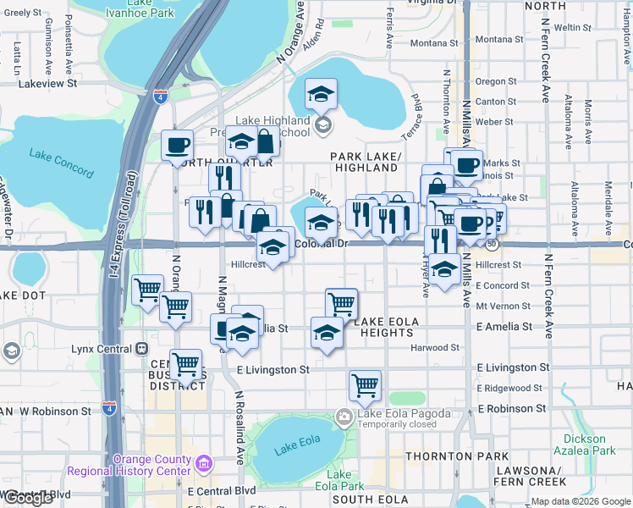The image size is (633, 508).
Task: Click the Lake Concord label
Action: click(x=61, y=163)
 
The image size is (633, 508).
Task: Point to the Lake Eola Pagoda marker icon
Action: click(x=344, y=416)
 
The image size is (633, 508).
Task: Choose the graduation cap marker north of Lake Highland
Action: click(x=321, y=94)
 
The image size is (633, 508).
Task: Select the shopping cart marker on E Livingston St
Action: click(x=185, y=365)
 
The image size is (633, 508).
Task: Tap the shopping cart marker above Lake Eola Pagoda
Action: click(x=365, y=385)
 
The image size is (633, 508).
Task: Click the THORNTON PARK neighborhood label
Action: click(x=444, y=456)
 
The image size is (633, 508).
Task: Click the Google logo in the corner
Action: click(x=28, y=498)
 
